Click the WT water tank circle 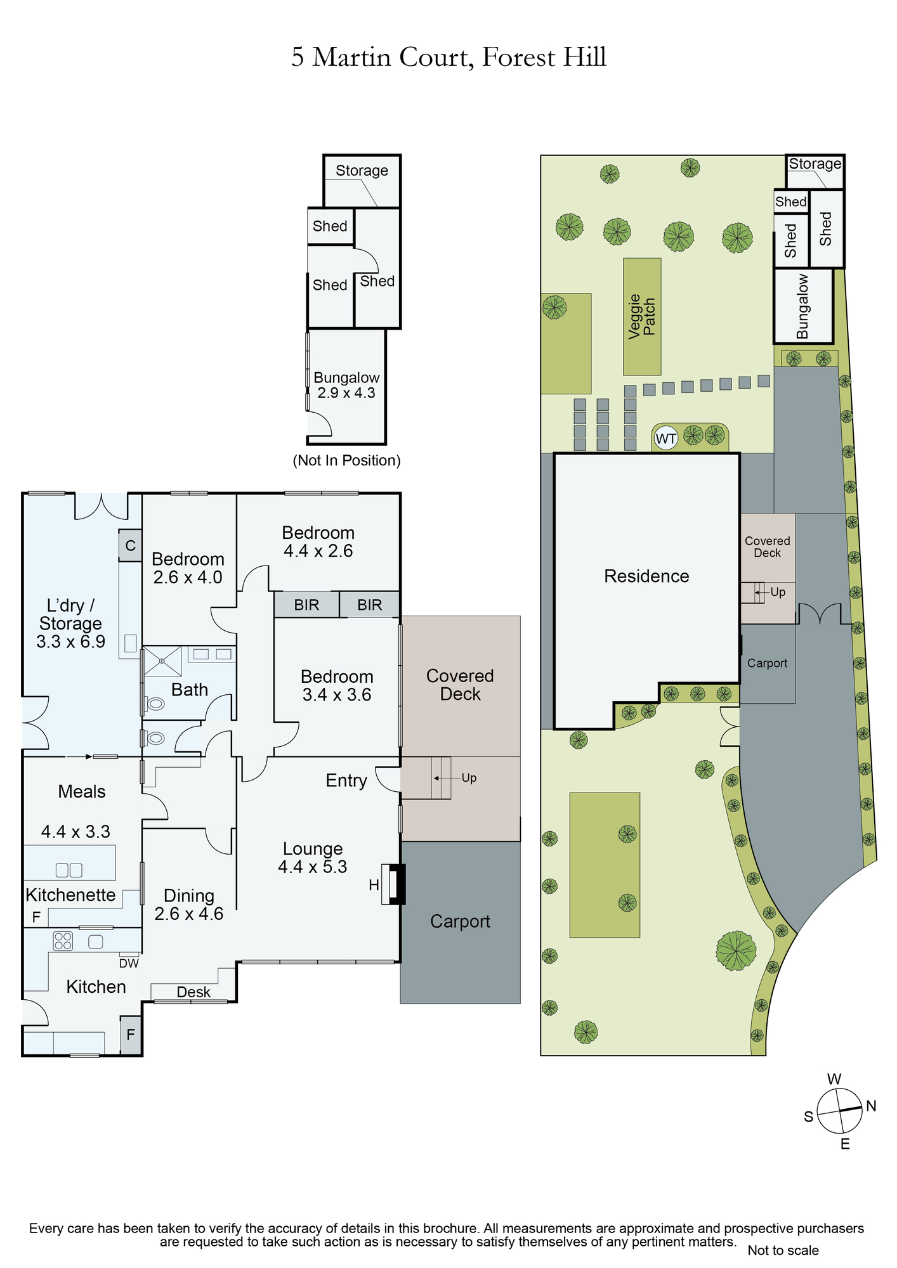[x=665, y=438]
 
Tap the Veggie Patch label [x=641, y=316]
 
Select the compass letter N [x=871, y=1106]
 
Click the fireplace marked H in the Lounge [x=393, y=884]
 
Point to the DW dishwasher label [x=129, y=963]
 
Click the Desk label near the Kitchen [x=193, y=992]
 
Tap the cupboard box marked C [x=130, y=545]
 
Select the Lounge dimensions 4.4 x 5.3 [x=313, y=867]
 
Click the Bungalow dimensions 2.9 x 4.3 [x=346, y=393]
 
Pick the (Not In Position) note [x=346, y=460]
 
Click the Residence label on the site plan [x=646, y=576]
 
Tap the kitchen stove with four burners [x=63, y=941]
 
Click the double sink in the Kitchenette [x=69, y=870]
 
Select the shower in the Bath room [x=162, y=661]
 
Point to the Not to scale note [x=783, y=1250]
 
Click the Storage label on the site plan [x=815, y=164]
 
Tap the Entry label [x=346, y=780]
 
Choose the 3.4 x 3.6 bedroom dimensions [x=337, y=695]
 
